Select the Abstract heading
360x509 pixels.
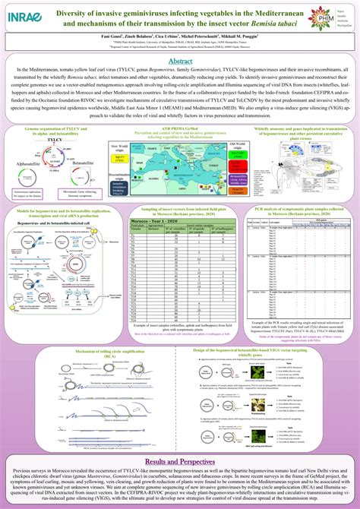180,61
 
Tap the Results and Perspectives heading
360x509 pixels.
180,440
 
